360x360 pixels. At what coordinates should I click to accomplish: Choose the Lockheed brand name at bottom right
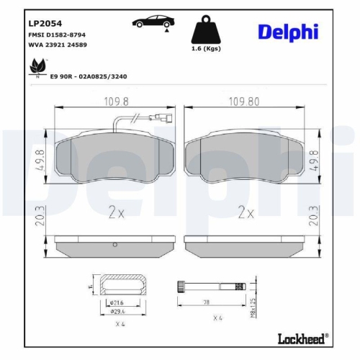302,338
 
